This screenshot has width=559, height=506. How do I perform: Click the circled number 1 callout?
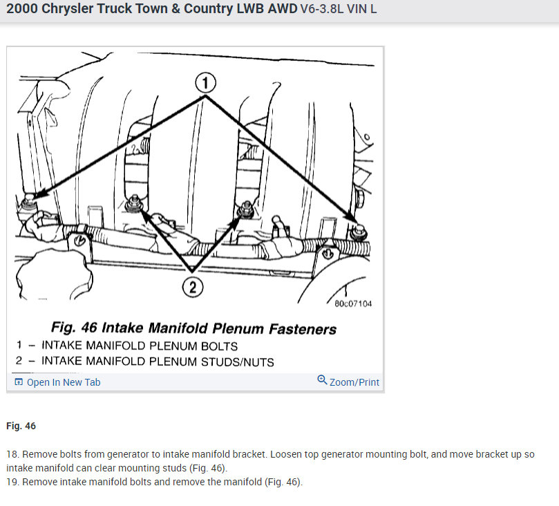pyautogui.click(x=205, y=84)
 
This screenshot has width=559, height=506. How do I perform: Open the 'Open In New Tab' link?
pyautogui.click(x=63, y=382)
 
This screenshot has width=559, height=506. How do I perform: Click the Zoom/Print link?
pyautogui.click(x=354, y=382)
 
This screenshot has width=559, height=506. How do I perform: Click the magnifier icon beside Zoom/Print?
pyautogui.click(x=322, y=380)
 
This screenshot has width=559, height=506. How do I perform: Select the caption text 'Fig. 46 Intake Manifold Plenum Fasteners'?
pyautogui.click(x=194, y=328)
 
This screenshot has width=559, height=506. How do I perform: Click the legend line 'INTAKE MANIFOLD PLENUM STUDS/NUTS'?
pyautogui.click(x=158, y=362)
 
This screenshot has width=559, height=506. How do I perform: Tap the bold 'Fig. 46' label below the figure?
pyautogui.click(x=21, y=426)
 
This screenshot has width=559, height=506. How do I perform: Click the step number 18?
pyautogui.click(x=12, y=455)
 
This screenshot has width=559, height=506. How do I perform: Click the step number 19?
pyautogui.click(x=12, y=482)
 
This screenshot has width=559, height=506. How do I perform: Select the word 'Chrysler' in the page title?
pyautogui.click(x=70, y=10)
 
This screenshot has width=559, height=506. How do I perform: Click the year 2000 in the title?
pyautogui.click(x=21, y=10)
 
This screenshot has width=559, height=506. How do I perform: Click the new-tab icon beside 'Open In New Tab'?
pyautogui.click(x=19, y=382)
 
